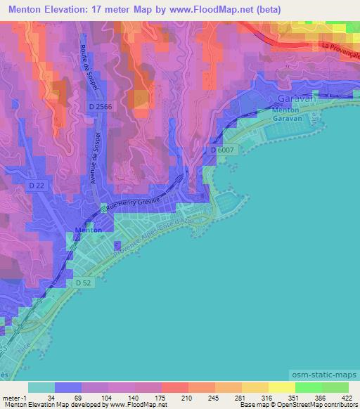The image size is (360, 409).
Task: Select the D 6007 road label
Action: tap(221, 150)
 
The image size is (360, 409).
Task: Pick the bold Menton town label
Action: tap(88, 231)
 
